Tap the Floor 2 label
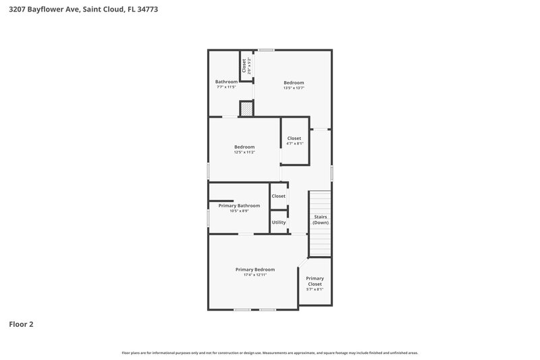[21, 324]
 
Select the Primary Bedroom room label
[254, 269]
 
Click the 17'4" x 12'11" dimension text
[254, 275]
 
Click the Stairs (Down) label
[320, 220]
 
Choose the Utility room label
[278, 222]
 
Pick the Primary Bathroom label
[239, 205]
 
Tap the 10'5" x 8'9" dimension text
[239, 211]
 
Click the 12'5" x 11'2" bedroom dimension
[244, 153]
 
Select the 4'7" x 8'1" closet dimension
[294, 143]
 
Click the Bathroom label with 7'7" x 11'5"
[226, 82]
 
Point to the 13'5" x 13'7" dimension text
[294, 88]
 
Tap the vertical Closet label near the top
[244, 66]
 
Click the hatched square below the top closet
[247, 109]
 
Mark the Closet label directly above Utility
[278, 196]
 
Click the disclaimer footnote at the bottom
[269, 353]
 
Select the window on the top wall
[266, 49]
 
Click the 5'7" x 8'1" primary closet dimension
[315, 289]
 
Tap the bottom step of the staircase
[320, 253]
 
